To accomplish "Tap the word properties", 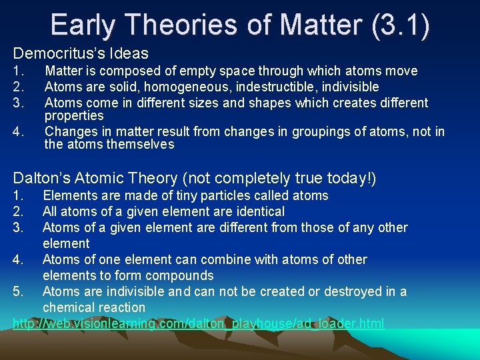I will coord(74,116).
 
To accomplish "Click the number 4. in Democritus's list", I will coord(19,131).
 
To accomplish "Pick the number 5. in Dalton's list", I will coord(19,291).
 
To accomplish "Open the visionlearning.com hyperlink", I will coord(199,323).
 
